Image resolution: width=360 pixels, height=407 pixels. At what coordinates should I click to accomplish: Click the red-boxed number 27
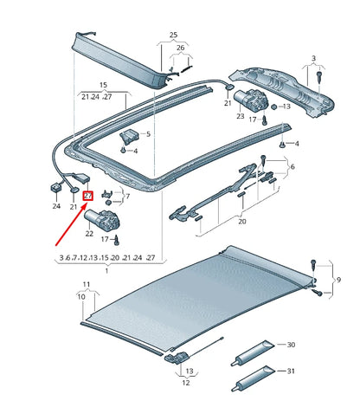coord(87,196)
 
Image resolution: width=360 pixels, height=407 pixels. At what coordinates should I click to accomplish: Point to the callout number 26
coord(179,48)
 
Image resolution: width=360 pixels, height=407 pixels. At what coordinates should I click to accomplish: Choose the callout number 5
coord(147,134)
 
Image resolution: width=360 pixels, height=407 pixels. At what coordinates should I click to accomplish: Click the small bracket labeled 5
coord(131,137)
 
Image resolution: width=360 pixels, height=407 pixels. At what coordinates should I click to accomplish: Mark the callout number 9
coord(337,280)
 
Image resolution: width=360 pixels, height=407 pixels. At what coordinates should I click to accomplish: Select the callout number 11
coord(86,285)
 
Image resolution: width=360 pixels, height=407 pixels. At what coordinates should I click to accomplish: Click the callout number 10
coord(81,296)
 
